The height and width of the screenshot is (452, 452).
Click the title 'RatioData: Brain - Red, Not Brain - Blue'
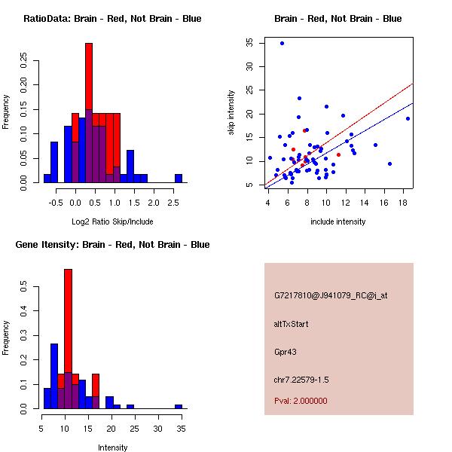click(x=112, y=19)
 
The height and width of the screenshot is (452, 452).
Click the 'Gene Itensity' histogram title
click(x=112, y=245)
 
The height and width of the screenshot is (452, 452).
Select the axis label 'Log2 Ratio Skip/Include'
click(x=112, y=221)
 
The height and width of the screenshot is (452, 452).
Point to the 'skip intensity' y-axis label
click(x=231, y=113)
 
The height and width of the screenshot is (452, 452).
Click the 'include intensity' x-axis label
click(x=338, y=221)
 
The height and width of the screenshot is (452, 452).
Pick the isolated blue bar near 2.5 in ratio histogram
click(x=179, y=179)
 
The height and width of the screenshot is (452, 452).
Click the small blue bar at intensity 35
click(x=179, y=406)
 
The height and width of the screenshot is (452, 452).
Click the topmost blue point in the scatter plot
click(x=282, y=43)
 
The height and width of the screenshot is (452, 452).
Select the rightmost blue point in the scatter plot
click(x=408, y=118)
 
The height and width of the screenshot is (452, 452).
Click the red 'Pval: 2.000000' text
click(x=301, y=401)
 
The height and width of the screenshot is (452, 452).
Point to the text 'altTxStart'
click(x=291, y=324)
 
